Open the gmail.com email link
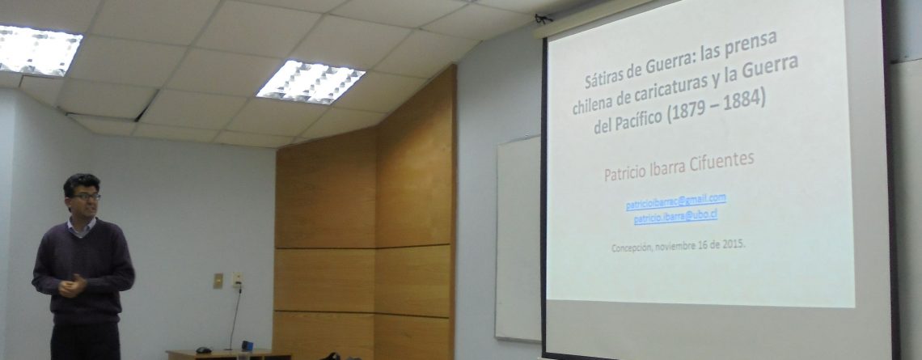click(675, 201)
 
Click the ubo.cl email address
click(675, 217)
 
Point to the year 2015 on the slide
click(735, 243)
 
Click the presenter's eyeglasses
click(86, 197)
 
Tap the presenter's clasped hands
click(72, 286)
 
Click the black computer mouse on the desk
click(204, 350)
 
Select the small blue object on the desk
click(247, 346)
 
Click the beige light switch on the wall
click(218, 281)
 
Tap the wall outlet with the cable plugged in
click(237, 279)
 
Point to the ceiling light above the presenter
click(37, 51)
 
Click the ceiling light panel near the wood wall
click(311, 80)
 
